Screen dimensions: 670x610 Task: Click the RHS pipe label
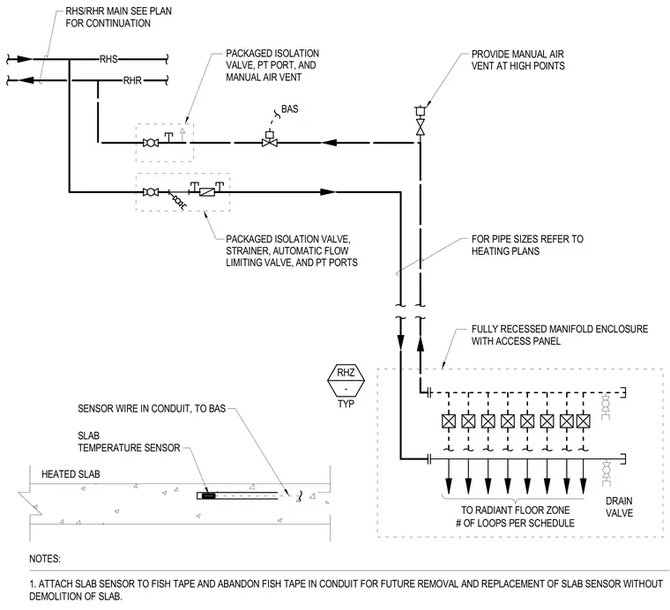coord(108,59)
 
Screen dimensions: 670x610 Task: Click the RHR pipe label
coord(132,80)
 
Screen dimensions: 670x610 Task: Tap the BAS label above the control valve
coord(290,109)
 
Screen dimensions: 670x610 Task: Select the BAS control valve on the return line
coord(270,139)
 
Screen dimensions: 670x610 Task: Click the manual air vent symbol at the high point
coord(421,111)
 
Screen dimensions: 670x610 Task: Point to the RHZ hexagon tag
coord(346,379)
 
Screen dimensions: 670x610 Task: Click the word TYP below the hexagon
coord(346,404)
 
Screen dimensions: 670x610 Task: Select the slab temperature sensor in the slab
coord(208,495)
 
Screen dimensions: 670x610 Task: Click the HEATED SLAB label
coord(71,474)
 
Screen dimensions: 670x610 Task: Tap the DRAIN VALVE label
coord(619,507)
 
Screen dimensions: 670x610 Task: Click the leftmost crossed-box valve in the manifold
coord(449,421)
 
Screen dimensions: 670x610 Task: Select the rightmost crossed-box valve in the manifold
coord(584,421)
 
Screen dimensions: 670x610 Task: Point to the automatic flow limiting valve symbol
coord(207,192)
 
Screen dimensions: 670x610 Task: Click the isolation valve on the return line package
coord(151,143)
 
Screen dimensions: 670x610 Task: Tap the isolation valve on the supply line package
coord(151,192)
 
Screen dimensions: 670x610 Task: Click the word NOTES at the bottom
coord(45,559)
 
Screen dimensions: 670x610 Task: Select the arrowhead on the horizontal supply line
coord(328,192)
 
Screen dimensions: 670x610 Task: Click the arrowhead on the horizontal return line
coord(330,142)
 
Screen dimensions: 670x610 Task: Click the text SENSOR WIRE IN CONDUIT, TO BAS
coord(152,409)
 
